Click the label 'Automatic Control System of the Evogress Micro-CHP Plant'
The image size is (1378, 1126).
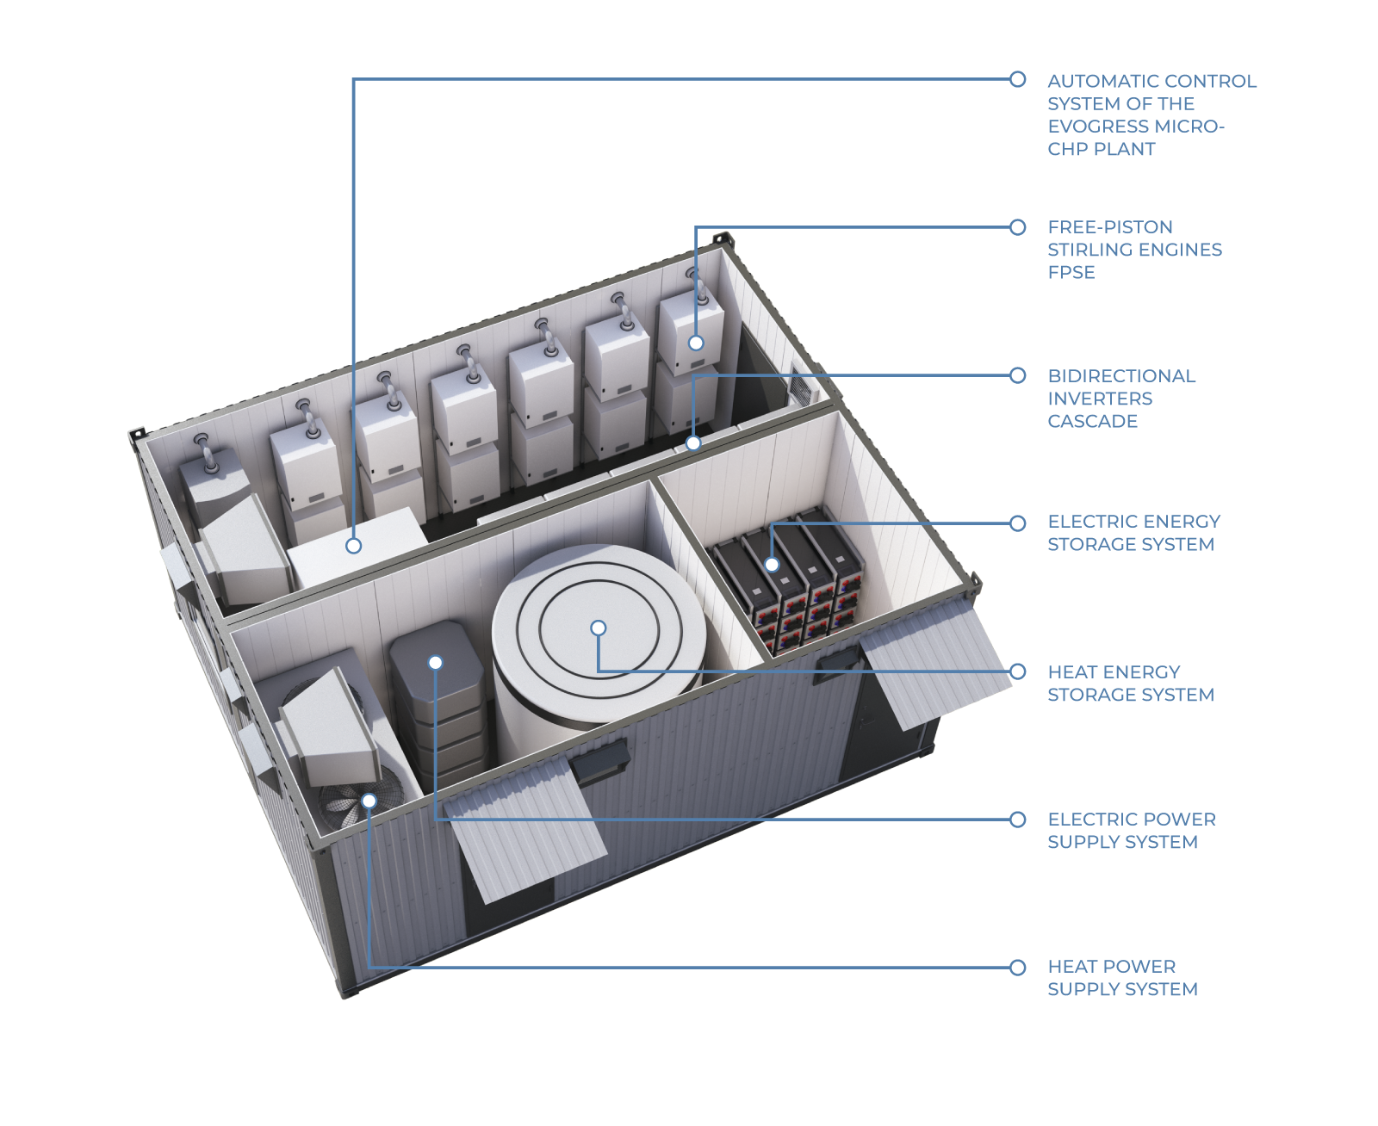[x=1151, y=114]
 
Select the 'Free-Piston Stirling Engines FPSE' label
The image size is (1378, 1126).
[x=1133, y=249]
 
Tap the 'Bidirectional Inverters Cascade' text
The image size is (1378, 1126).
[x=1120, y=398]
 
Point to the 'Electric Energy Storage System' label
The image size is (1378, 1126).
[x=1133, y=532]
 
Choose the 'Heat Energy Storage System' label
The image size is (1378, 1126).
[x=1130, y=683]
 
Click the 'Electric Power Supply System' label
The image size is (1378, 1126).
[x=1131, y=830]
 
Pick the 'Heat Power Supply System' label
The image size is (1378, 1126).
[x=1121, y=977]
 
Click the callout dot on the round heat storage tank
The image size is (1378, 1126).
[x=599, y=628]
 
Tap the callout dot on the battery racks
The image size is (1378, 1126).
[x=773, y=565]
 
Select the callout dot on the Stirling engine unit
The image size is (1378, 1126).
[x=696, y=343]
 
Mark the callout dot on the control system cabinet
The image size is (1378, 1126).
[x=353, y=545]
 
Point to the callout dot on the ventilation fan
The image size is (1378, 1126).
[x=369, y=801]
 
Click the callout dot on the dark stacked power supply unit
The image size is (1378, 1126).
[x=435, y=662]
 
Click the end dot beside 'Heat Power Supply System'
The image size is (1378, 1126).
[x=1017, y=967]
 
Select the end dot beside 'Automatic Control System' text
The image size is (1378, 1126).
[x=1017, y=79]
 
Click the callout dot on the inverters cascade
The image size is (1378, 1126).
[x=693, y=443]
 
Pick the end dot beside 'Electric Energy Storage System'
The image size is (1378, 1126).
[x=1017, y=523]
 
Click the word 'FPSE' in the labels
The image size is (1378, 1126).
[x=1071, y=272]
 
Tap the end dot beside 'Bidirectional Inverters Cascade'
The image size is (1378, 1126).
[x=1017, y=375]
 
